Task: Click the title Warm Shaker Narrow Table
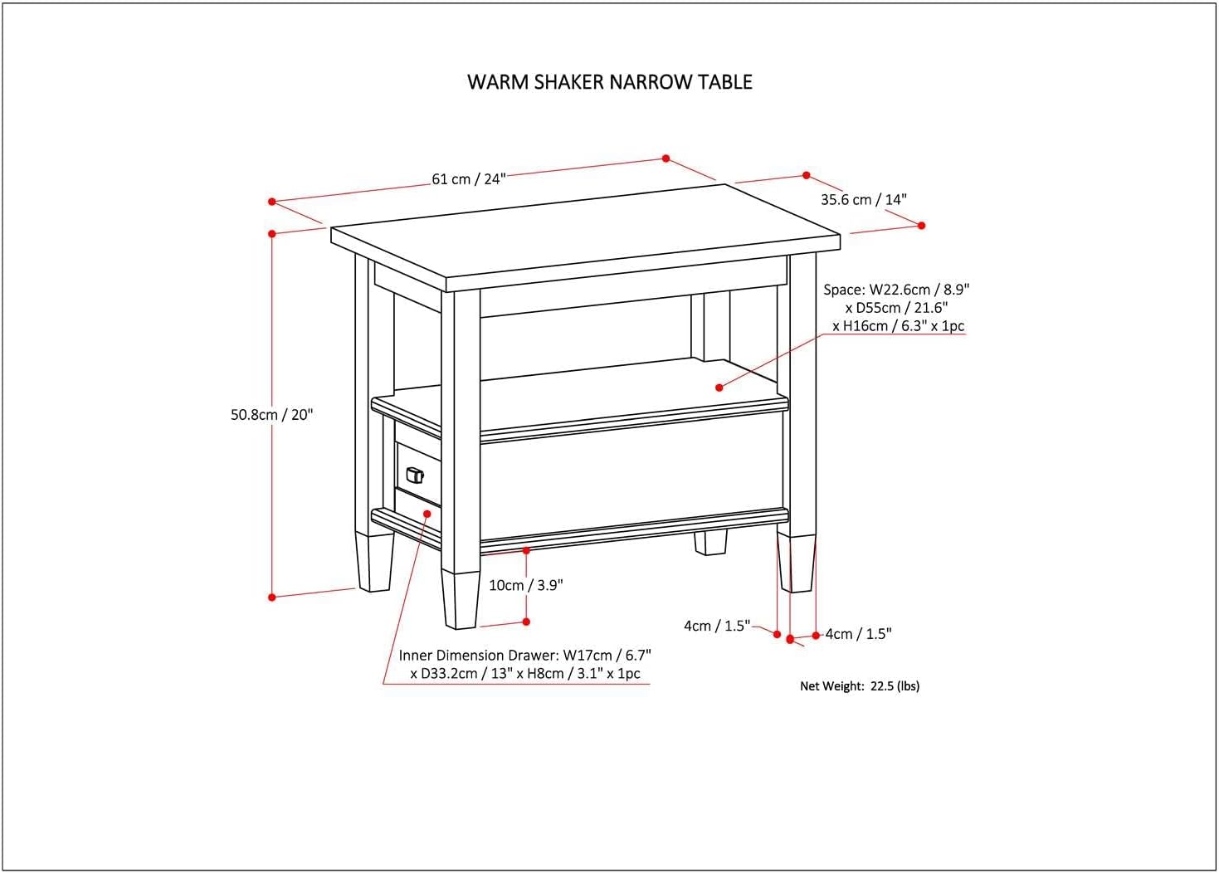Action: pyautogui.click(x=610, y=82)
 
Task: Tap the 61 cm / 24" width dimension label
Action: pyautogui.click(x=468, y=179)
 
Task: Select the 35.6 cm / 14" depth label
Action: pyautogui.click(x=863, y=199)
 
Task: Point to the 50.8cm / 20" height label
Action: pyautogui.click(x=272, y=415)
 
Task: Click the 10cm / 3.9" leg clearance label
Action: pyautogui.click(x=525, y=585)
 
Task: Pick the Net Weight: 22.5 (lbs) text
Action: pyautogui.click(x=860, y=686)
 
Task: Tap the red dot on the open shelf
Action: pyautogui.click(x=719, y=387)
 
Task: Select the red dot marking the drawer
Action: pyautogui.click(x=427, y=514)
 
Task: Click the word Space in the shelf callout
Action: pyautogui.click(x=842, y=290)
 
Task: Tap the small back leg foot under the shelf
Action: pyautogui.click(x=710, y=543)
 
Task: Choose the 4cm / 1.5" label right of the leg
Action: pyautogui.click(x=858, y=634)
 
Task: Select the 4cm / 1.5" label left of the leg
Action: pyautogui.click(x=717, y=626)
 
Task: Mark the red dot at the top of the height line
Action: pyautogui.click(x=272, y=234)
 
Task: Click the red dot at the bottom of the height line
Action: pyautogui.click(x=272, y=596)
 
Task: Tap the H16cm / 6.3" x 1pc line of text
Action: pyautogui.click(x=899, y=326)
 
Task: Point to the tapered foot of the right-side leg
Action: pyautogui.click(x=797, y=563)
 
